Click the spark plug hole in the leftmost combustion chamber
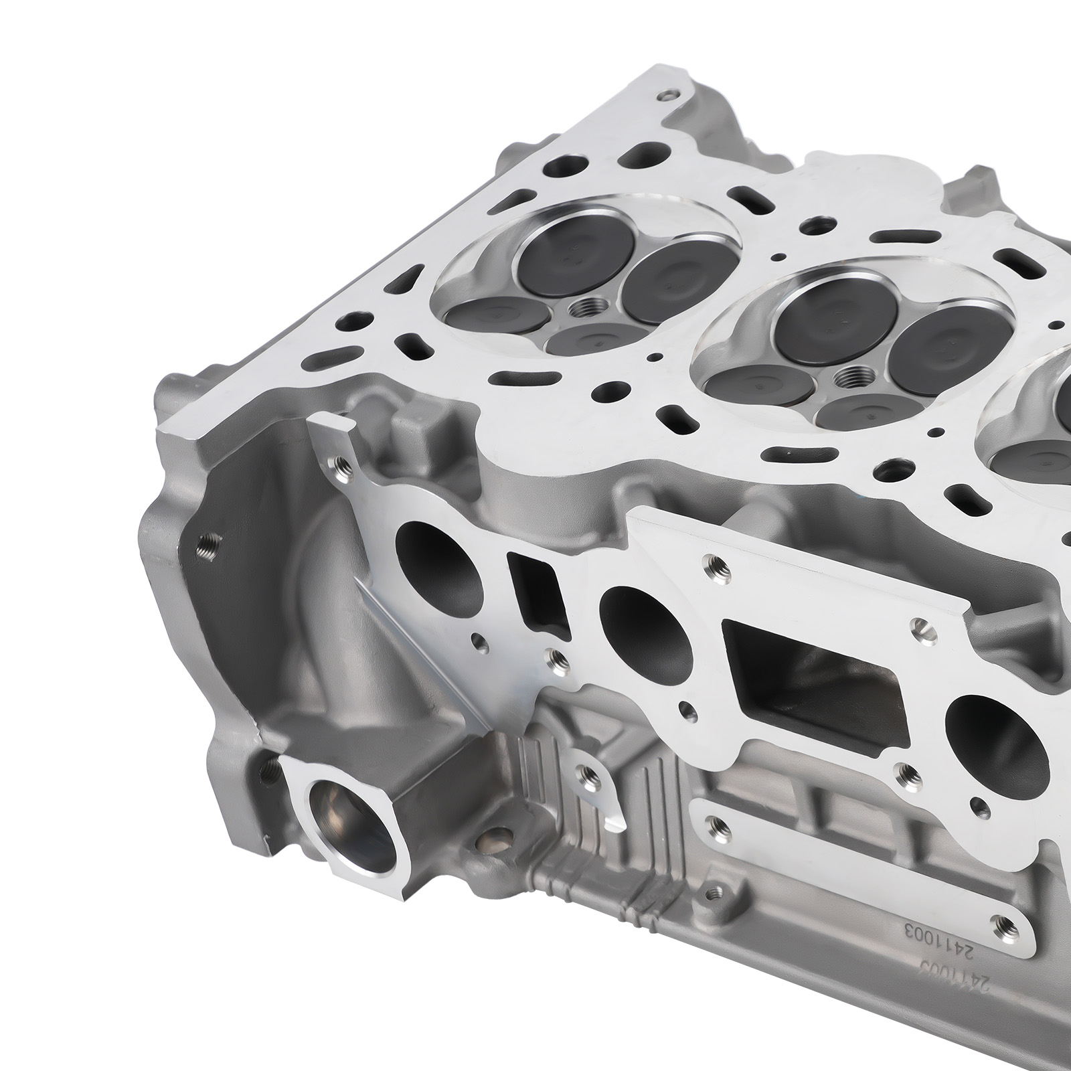point(580,311)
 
